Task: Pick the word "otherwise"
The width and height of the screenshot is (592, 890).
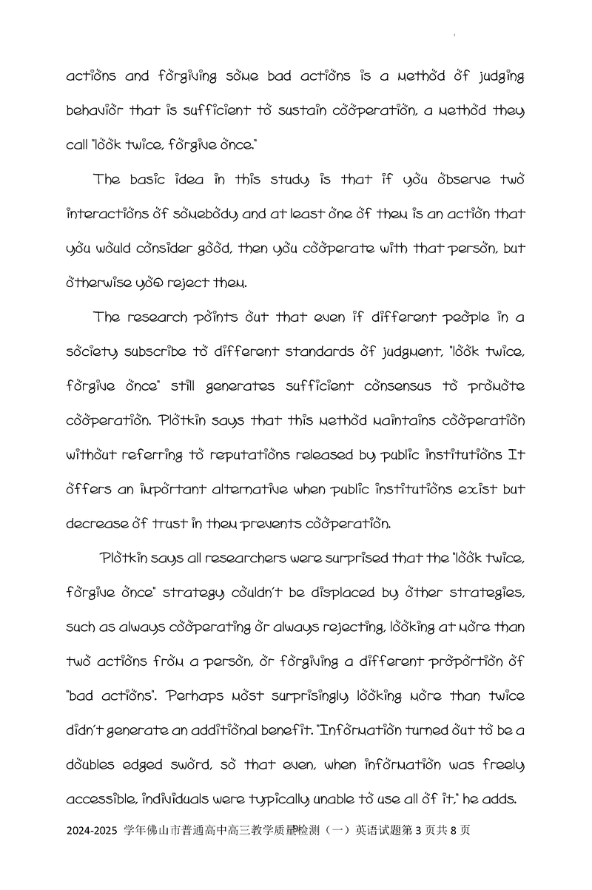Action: pos(101,283)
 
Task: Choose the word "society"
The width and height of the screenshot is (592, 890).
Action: pos(96,352)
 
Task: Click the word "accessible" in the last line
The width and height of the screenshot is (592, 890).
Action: pos(100,800)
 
